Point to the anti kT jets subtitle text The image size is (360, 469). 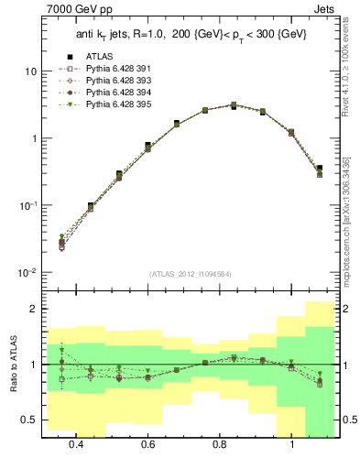[x=190, y=34]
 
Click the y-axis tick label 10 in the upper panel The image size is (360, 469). [x=31, y=71]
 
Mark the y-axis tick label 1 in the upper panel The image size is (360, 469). [x=34, y=138]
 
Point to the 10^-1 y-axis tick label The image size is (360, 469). [x=28, y=205]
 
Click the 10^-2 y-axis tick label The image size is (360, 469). [x=28, y=272]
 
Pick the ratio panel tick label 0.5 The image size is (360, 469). [x=30, y=420]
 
